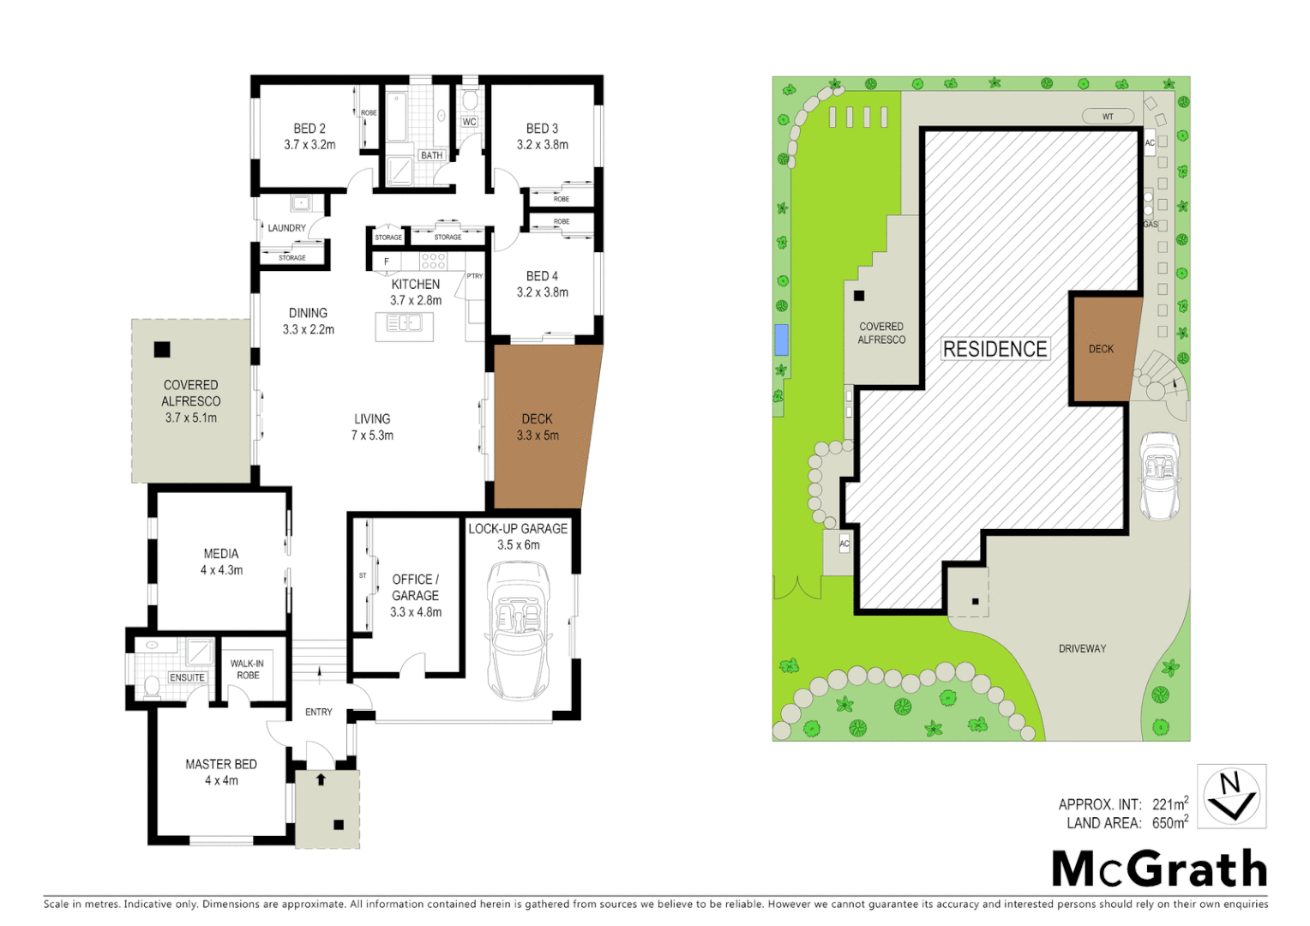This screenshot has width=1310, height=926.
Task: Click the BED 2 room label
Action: pos(309,129)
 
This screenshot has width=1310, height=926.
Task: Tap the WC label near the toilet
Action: pos(469,122)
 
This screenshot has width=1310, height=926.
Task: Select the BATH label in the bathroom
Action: pos(431,155)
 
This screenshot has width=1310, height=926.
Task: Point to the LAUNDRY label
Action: pos(286,228)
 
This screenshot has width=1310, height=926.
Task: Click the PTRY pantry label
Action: pos(474,276)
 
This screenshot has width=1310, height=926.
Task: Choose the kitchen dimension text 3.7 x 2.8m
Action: pos(416,301)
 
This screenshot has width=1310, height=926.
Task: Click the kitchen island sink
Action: pos(404,323)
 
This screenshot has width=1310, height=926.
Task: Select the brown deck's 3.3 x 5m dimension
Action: pos(538,436)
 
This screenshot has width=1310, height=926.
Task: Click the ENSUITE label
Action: pos(187,677)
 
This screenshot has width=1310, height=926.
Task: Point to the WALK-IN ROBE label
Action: pos(247,669)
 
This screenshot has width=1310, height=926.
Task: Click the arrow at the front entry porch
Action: pos(321,779)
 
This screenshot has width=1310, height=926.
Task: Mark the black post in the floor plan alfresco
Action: pos(162,350)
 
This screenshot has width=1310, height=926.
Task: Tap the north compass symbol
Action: pos(1231,796)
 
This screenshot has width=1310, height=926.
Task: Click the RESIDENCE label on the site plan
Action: pos(995,349)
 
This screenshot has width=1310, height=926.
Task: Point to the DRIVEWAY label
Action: pos(1082,649)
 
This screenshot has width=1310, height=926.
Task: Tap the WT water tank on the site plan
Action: pos(1108,117)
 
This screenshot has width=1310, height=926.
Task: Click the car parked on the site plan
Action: pos(1160,476)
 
